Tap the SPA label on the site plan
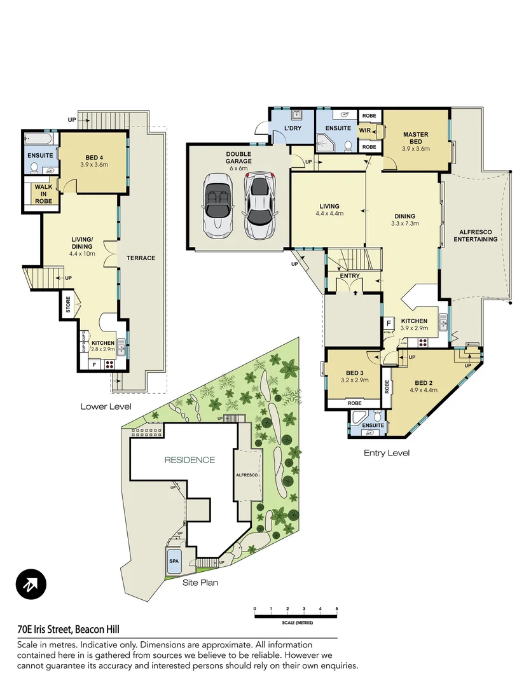point(174,562)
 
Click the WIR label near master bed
point(365,131)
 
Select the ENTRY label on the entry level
point(350,275)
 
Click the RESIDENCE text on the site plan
point(190,459)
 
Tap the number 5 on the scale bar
point(336,609)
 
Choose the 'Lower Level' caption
point(106,406)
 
